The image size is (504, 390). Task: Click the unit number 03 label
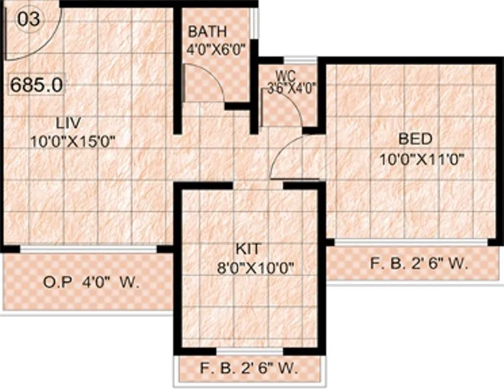click(x=29, y=19)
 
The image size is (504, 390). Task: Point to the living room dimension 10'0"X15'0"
click(x=72, y=141)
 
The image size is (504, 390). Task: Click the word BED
click(x=414, y=139)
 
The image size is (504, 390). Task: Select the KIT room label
click(x=248, y=248)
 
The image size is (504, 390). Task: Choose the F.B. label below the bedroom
click(x=419, y=264)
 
